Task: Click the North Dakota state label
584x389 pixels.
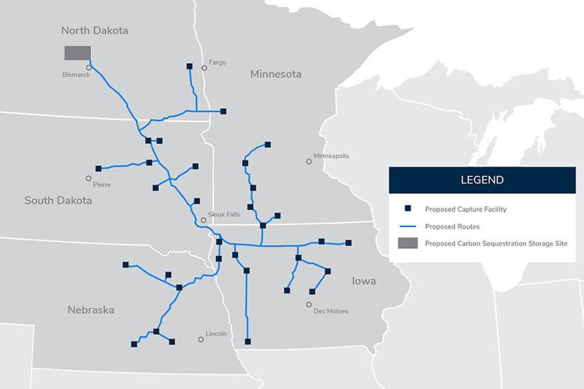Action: click(94, 30)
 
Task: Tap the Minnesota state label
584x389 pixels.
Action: click(275, 75)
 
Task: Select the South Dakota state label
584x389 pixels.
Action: click(58, 200)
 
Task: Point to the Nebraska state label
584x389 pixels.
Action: click(91, 310)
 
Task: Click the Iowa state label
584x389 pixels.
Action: click(364, 280)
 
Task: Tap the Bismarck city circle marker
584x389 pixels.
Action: click(89, 68)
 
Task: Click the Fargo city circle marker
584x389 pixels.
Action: click(205, 68)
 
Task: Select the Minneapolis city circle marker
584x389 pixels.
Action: click(309, 162)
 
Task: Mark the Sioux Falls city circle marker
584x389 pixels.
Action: click(204, 220)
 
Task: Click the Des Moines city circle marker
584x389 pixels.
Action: click(309, 304)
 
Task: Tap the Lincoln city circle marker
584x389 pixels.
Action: click(201, 340)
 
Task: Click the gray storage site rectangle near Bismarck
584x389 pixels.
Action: click(77, 52)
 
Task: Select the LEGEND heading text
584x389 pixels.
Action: click(481, 180)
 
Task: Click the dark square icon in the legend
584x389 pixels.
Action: click(406, 209)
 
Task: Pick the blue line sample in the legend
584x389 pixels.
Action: click(406, 226)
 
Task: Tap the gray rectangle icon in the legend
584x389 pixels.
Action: click(406, 244)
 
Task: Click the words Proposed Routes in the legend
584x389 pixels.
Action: click(452, 226)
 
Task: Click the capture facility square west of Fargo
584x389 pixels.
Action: click(190, 66)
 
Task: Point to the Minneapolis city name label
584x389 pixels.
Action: click(331, 156)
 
